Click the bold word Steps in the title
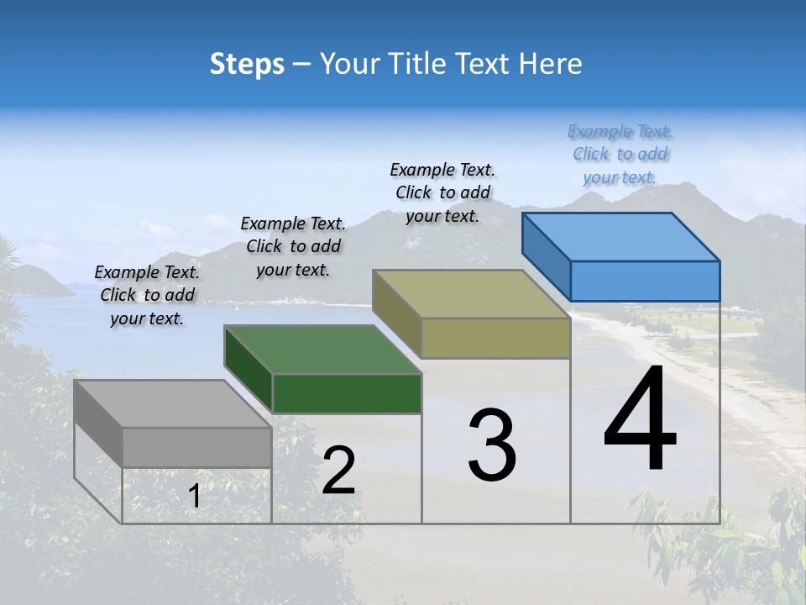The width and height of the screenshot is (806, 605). [x=247, y=64]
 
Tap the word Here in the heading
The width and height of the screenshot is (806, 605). [x=551, y=64]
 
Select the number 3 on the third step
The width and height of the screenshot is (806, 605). [x=492, y=445]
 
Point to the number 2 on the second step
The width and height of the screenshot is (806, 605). [x=338, y=471]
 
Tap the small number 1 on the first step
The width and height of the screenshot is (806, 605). [x=195, y=497]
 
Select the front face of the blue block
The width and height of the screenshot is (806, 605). [x=645, y=281]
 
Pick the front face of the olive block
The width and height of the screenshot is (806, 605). [x=495, y=338]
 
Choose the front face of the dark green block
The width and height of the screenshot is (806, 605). [x=347, y=393]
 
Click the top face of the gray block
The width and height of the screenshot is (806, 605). [x=172, y=403]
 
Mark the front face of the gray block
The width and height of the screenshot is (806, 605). [x=196, y=447]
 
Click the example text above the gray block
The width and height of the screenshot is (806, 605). [x=147, y=295]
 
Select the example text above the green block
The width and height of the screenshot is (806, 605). [x=293, y=246]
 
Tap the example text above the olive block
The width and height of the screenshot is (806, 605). [x=442, y=192]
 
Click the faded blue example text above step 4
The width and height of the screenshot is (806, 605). [x=620, y=154]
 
